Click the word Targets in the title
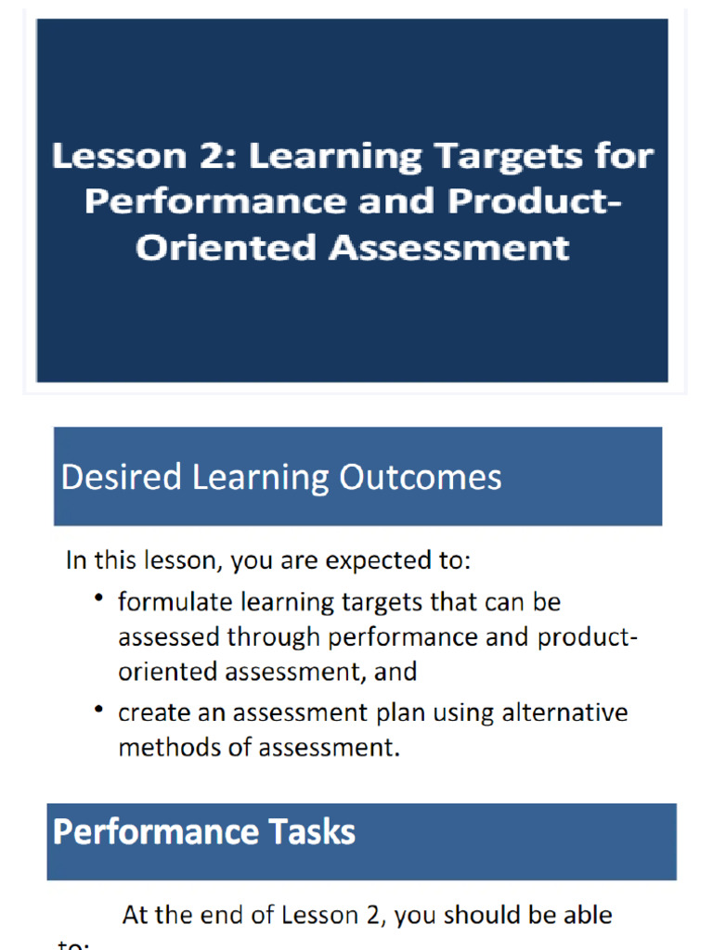pos(494,157)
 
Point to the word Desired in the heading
pos(122,477)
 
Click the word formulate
pos(175,602)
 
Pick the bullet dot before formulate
pos(98,598)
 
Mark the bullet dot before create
pos(98,710)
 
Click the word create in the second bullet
pos(147,712)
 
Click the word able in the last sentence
pos(587,915)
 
